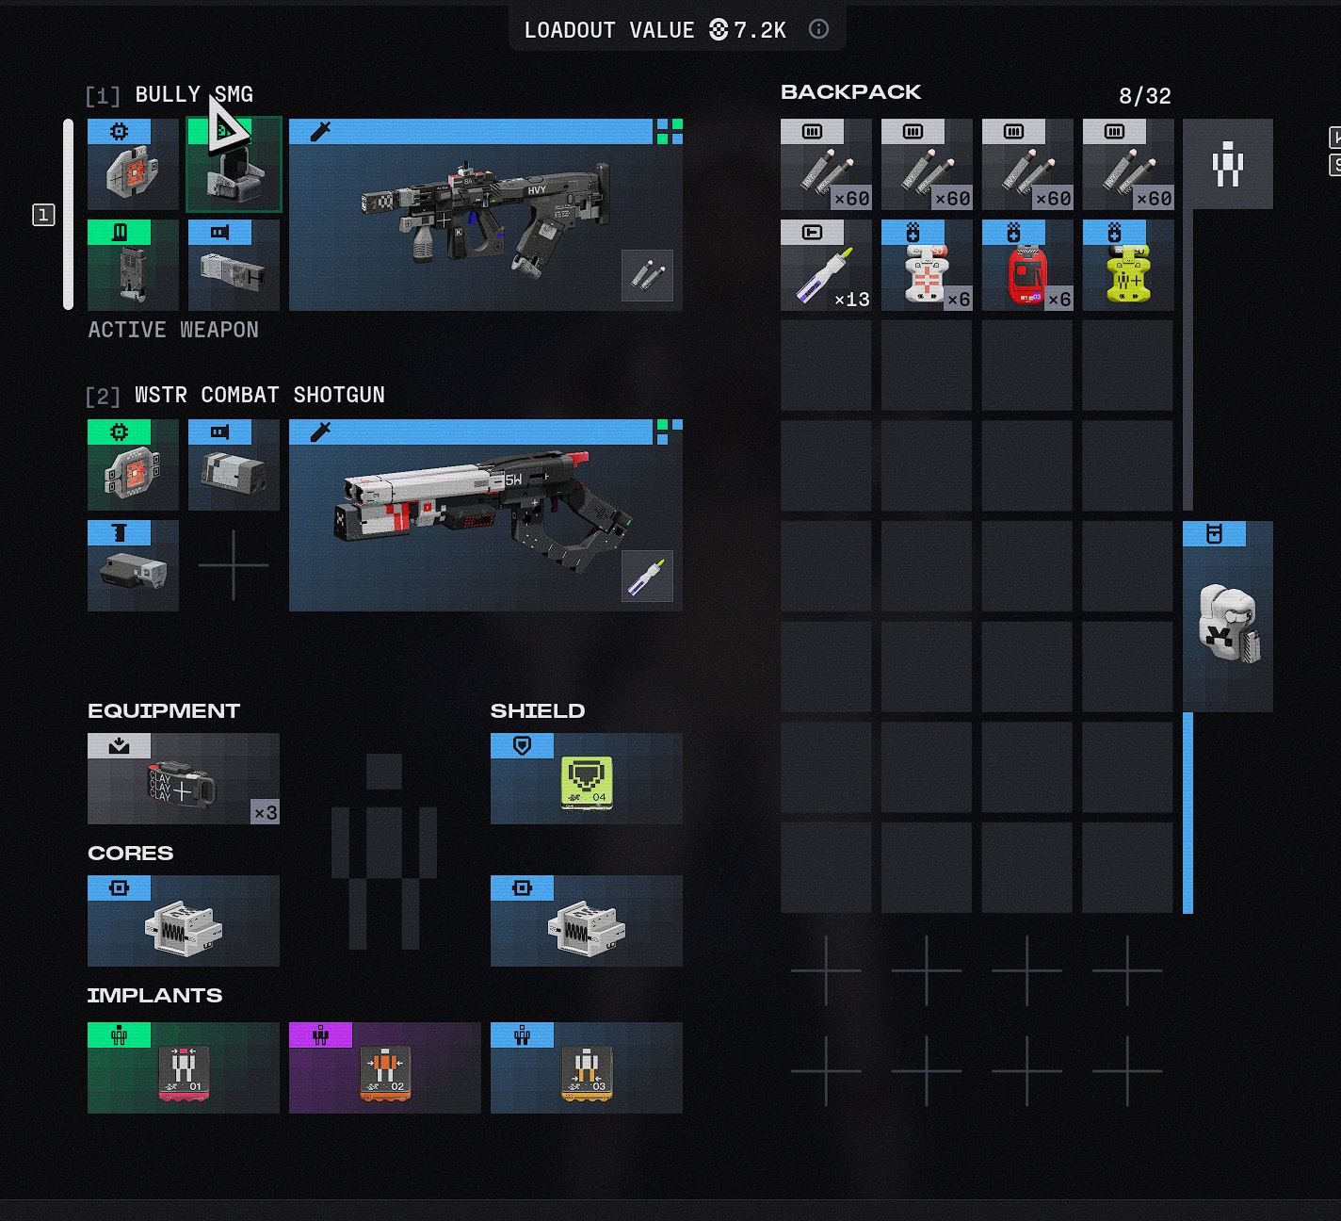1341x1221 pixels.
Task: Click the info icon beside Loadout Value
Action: click(818, 29)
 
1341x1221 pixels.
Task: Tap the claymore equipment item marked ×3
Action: click(183, 780)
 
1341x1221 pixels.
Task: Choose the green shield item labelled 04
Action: click(586, 780)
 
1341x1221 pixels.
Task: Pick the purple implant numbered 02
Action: click(384, 1069)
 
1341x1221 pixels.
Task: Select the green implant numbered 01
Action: click(183, 1069)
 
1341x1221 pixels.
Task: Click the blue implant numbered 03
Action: click(586, 1069)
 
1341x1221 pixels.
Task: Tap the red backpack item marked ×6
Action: click(1026, 267)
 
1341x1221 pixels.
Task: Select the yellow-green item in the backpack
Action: click(1127, 267)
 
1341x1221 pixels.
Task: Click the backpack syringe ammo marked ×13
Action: click(825, 267)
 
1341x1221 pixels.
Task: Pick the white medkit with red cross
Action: click(926, 267)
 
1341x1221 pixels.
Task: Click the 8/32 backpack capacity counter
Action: click(1144, 96)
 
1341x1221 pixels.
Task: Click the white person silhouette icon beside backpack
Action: click(1227, 165)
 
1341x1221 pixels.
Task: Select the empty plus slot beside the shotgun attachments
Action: click(233, 565)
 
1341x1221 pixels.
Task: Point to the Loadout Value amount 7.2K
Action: click(758, 30)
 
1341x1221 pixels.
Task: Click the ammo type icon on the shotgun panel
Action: click(647, 576)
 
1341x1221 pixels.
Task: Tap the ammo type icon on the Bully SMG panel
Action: click(647, 275)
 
